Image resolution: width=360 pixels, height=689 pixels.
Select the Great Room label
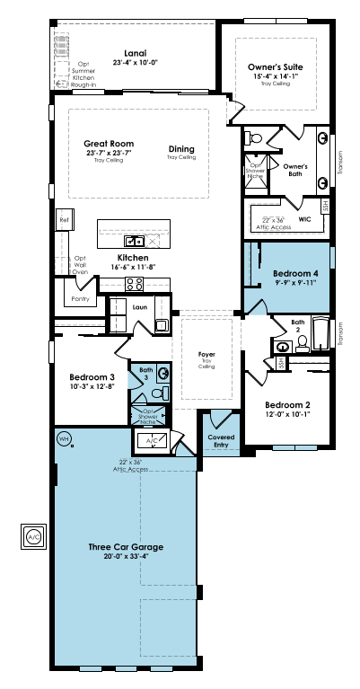(x=109, y=144)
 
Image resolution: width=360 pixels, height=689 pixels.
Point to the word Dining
(x=180, y=149)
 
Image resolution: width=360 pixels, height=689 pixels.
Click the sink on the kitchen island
(x=135, y=241)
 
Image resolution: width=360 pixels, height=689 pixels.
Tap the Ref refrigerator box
(x=64, y=219)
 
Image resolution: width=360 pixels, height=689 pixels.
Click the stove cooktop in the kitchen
(x=134, y=284)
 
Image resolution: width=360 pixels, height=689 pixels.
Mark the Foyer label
(x=206, y=356)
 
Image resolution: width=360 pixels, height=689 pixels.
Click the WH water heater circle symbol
(x=64, y=438)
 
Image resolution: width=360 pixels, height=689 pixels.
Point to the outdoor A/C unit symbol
(x=33, y=536)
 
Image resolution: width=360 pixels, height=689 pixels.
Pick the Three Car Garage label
(x=125, y=546)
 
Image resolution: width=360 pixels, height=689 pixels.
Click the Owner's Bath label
(x=294, y=166)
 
